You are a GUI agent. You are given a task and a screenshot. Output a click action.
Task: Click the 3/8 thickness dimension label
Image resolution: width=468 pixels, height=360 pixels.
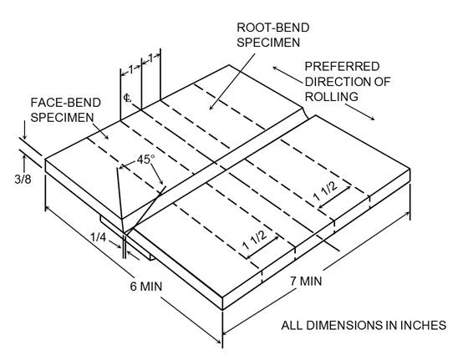tap(23, 180)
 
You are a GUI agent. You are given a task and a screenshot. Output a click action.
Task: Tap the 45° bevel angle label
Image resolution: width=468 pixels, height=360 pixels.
tap(146, 160)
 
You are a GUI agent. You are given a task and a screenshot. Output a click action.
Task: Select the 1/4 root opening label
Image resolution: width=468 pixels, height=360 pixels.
tap(99, 237)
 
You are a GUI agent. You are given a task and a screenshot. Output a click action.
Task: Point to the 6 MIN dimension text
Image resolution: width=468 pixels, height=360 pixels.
tap(146, 286)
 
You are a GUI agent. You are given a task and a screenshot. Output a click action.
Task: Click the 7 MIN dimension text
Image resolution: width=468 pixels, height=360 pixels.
tap(306, 281)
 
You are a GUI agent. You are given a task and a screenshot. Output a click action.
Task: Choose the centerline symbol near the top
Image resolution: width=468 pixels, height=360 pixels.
tap(127, 98)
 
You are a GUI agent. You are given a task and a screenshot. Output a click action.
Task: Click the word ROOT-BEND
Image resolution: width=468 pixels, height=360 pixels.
tap(273, 28)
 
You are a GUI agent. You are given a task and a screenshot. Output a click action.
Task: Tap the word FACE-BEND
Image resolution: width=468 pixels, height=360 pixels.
tap(66, 103)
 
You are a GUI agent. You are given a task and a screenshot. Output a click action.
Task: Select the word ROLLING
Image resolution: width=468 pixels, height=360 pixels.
tap(332, 97)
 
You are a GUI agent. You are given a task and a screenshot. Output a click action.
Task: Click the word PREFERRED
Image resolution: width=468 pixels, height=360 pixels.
tap(342, 67)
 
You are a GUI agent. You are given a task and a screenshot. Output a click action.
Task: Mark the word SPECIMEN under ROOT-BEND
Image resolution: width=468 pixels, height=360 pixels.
tap(268, 43)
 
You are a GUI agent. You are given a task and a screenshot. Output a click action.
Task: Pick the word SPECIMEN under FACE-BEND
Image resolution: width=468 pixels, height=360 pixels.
tap(62, 118)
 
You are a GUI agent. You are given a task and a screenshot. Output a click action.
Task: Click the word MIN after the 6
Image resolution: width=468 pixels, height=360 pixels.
tap(151, 286)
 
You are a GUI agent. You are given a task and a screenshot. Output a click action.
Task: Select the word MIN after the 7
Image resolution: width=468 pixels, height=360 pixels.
tap(311, 281)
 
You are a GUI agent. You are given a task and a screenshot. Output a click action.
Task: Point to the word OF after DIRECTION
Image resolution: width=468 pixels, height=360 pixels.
tap(383, 81)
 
